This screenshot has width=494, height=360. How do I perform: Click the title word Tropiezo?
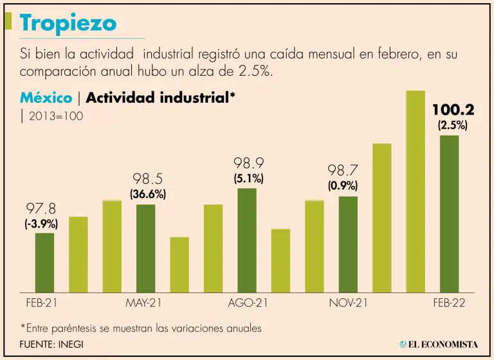click(68, 23)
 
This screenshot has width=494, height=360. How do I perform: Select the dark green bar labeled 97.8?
click(44, 262)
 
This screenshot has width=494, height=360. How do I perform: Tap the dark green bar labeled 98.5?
click(146, 248)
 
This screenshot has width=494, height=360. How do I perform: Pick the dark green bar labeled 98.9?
click(247, 240)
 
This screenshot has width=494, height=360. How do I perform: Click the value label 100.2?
click(453, 110)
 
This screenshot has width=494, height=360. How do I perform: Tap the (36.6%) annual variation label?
click(149, 194)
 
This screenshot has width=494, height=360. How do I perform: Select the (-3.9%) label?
click(41, 224)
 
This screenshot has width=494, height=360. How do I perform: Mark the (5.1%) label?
click(248, 179)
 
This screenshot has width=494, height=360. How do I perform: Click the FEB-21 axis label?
click(41, 303)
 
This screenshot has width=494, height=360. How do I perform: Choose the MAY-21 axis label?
click(143, 303)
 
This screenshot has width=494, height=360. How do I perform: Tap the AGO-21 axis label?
click(247, 303)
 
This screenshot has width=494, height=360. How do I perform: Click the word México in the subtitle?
click(46, 98)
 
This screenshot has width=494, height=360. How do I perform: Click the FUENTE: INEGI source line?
click(51, 344)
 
